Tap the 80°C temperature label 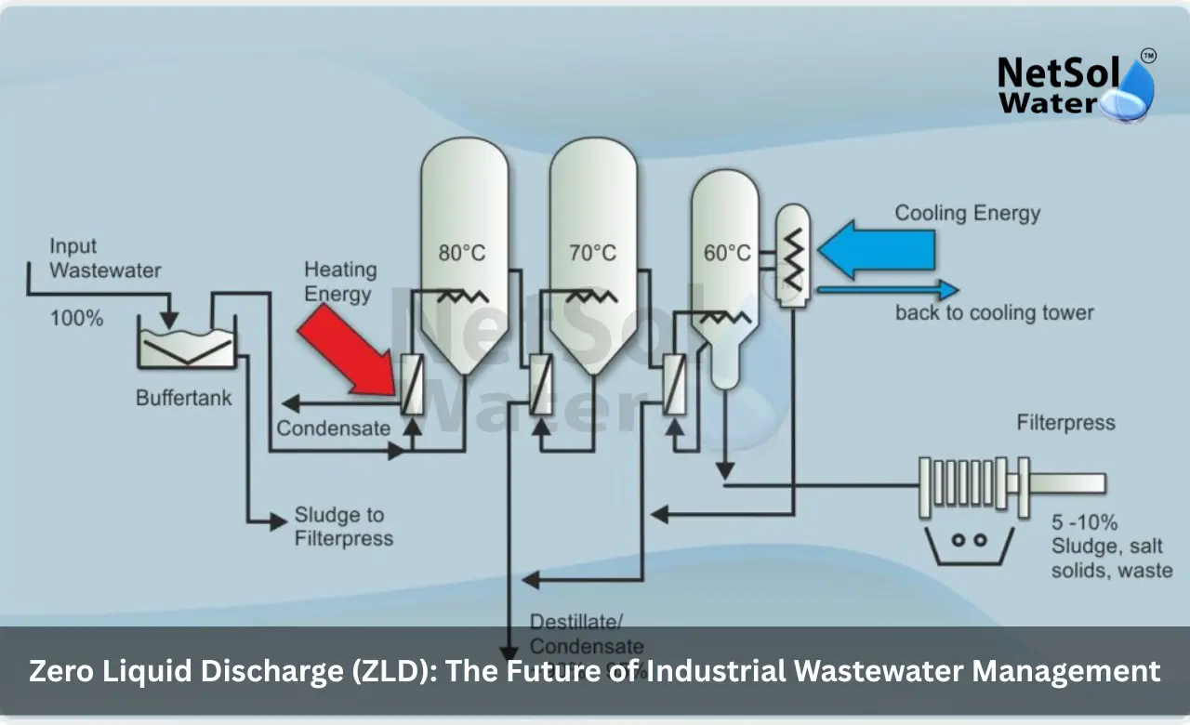[462, 253]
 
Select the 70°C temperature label [592, 253]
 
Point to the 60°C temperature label [727, 253]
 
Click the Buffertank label [184, 399]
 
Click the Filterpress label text [1065, 423]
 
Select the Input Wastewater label [104, 258]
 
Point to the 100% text [76, 318]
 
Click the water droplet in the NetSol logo [1130, 93]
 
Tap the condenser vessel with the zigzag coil [793, 254]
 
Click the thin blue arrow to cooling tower [888, 290]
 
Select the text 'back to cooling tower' [994, 312]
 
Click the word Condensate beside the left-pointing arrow [333, 428]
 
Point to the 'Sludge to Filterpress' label [343, 526]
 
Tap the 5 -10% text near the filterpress [1084, 521]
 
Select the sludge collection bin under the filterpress [968, 544]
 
